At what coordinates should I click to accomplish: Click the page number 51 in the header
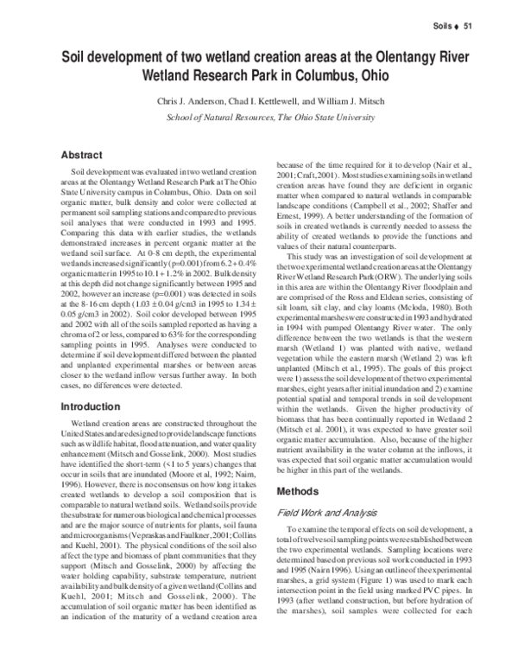tap(471, 25)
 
